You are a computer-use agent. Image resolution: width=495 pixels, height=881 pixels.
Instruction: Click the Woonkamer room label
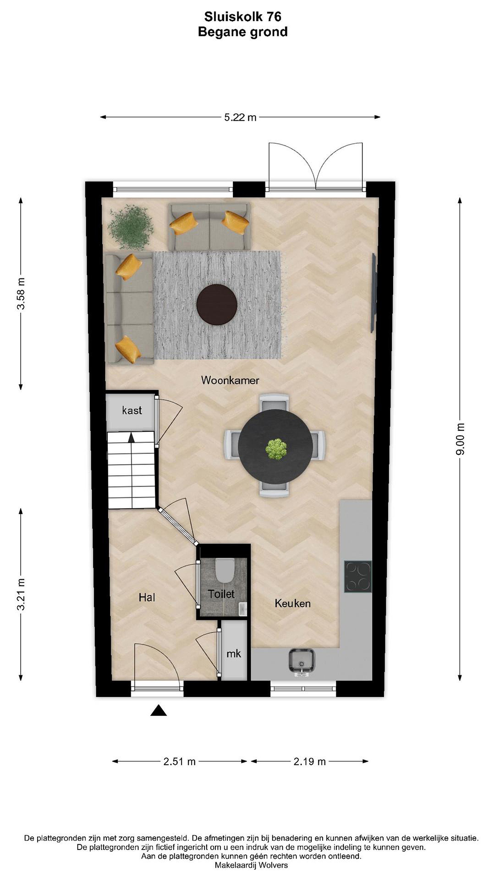230,380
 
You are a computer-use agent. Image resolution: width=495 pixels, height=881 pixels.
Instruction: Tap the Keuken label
292,603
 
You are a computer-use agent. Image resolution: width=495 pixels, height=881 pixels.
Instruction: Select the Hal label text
147,597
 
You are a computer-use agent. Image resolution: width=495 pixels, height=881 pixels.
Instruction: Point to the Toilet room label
221,594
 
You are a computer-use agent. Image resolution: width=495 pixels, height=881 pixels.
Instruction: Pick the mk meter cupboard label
234,654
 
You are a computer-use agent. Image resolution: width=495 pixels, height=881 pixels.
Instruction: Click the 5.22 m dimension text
240,117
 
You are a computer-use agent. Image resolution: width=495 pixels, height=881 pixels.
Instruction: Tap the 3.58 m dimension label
21,294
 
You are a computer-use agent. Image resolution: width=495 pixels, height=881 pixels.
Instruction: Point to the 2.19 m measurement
310,762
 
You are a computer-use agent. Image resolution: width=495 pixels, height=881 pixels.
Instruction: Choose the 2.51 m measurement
179,762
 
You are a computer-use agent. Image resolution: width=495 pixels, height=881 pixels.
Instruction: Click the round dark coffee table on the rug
217,304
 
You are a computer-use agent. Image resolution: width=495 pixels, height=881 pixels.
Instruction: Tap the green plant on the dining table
276,449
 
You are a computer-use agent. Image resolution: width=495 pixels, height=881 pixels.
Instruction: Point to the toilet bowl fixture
225,570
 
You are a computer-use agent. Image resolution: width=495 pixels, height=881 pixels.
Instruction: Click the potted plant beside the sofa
130,227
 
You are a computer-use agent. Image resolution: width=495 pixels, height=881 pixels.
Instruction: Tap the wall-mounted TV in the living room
374,292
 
